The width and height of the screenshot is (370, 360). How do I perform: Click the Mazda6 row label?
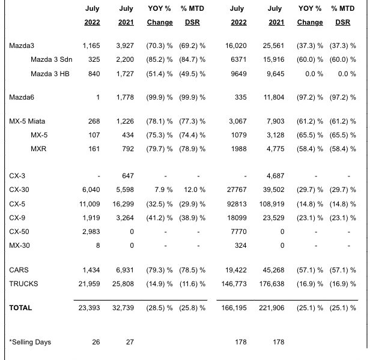point(22,97)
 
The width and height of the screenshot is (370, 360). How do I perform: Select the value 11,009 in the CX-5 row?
point(89,204)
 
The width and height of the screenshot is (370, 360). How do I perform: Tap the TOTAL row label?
point(20,308)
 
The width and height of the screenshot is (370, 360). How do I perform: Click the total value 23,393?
point(89,308)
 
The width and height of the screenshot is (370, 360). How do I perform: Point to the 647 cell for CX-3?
point(128,176)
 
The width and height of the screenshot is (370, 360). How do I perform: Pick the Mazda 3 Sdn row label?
point(52,59)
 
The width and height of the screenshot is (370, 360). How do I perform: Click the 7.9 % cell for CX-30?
point(163,190)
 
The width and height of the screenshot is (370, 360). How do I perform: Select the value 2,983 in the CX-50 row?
point(91,232)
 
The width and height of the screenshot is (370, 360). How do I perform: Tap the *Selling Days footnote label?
point(30,342)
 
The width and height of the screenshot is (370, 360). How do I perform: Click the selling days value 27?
point(130,342)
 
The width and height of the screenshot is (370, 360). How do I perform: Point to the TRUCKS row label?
point(23,284)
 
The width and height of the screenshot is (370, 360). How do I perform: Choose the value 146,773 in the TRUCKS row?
point(234,284)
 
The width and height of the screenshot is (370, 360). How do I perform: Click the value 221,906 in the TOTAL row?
point(271,308)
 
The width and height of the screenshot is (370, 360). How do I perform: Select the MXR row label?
point(38,149)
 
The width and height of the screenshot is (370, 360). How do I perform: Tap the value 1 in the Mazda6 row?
point(98,97)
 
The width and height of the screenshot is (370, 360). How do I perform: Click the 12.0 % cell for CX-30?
point(195,190)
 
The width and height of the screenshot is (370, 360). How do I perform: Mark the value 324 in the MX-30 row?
point(241,245)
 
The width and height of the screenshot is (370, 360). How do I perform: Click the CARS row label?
point(19,270)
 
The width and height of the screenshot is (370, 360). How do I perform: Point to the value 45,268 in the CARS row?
point(273,270)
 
